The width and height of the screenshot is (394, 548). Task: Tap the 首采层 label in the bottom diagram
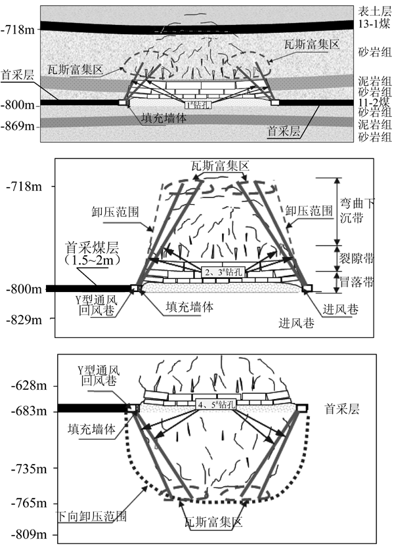point(341,407)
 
